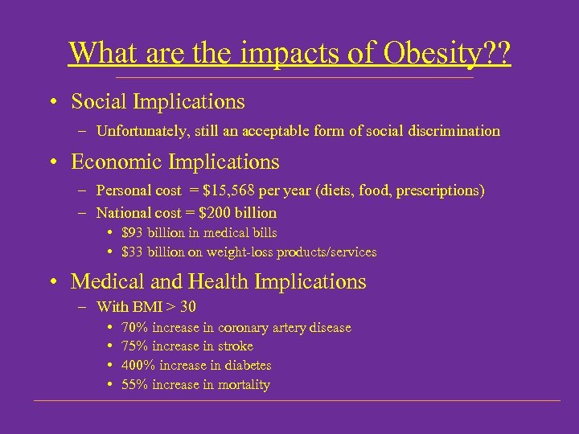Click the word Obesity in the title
(x=424, y=53)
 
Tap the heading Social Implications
(x=158, y=102)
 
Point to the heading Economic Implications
(x=175, y=162)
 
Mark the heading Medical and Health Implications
(x=218, y=282)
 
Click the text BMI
(x=146, y=307)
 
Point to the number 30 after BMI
(x=188, y=307)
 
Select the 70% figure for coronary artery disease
(x=134, y=327)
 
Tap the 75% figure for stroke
(x=134, y=346)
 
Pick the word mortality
(x=244, y=385)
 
